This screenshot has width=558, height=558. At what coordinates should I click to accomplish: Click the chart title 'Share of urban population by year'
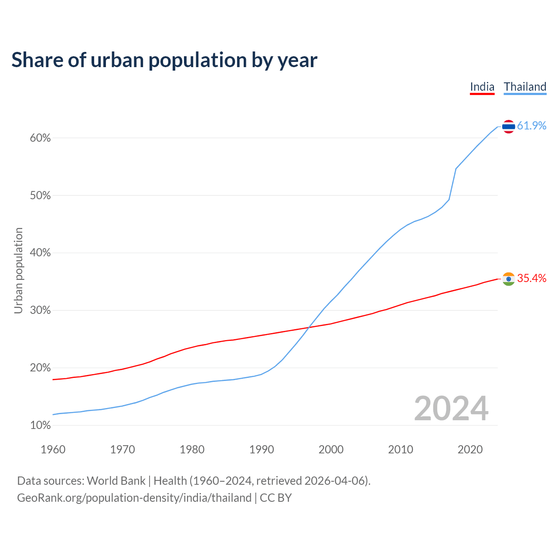click(x=164, y=60)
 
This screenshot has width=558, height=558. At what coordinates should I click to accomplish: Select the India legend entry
click(x=482, y=87)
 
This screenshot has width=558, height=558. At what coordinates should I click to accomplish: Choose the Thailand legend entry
click(x=525, y=87)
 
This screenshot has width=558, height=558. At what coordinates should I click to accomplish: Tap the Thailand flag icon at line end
click(x=508, y=126)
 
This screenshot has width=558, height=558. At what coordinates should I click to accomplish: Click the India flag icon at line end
click(x=508, y=279)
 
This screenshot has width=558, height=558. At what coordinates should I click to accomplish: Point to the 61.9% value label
click(x=531, y=126)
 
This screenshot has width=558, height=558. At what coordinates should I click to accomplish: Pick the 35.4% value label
click(x=531, y=279)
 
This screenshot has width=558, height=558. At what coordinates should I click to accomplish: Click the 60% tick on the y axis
click(x=41, y=138)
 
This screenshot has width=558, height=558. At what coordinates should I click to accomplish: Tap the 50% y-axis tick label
click(x=41, y=196)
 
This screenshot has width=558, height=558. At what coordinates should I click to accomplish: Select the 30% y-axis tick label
click(x=41, y=310)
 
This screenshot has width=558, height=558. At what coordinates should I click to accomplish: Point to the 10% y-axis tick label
click(x=41, y=425)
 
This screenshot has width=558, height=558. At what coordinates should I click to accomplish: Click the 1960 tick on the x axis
click(x=53, y=449)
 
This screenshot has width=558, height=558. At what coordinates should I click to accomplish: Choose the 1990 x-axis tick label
click(x=262, y=449)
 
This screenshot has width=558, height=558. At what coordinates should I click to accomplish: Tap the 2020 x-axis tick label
click(x=470, y=449)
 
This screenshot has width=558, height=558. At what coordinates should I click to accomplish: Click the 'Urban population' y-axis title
click(x=18, y=270)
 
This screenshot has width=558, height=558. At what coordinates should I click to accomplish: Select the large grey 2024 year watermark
click(x=451, y=408)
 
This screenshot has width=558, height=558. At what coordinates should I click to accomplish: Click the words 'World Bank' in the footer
click(x=116, y=481)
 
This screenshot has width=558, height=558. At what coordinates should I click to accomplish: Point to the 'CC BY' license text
click(x=276, y=498)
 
